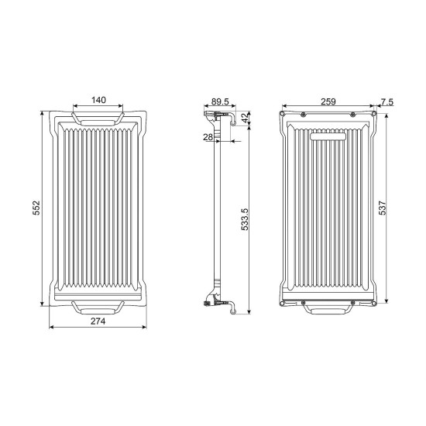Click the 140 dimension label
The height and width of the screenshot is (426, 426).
coord(98,100)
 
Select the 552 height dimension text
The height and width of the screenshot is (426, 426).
coord(36,208)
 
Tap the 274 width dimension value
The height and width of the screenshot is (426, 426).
coord(98,321)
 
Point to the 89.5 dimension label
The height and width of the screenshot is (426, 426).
coord(220,101)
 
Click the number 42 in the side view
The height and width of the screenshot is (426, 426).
coord(245,118)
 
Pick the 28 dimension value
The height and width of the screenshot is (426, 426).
coord(208,137)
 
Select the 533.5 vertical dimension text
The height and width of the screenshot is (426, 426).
coord(245,219)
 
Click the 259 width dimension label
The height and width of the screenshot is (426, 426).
coord(328,101)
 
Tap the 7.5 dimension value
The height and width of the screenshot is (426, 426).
coord(386,102)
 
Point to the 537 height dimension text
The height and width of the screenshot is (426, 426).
coord(383,208)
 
